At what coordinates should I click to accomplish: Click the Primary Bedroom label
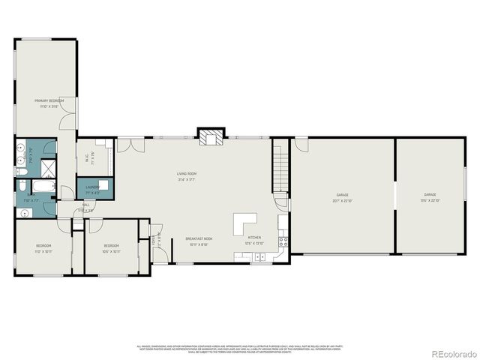49,100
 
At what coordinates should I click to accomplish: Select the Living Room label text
187,174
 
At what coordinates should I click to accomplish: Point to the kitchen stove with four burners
283,241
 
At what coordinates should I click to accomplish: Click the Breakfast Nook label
198,239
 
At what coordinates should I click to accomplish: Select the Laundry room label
92,187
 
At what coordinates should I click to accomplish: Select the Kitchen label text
254,239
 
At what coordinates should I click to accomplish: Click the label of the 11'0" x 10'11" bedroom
43,245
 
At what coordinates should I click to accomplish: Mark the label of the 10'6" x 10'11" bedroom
111,245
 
